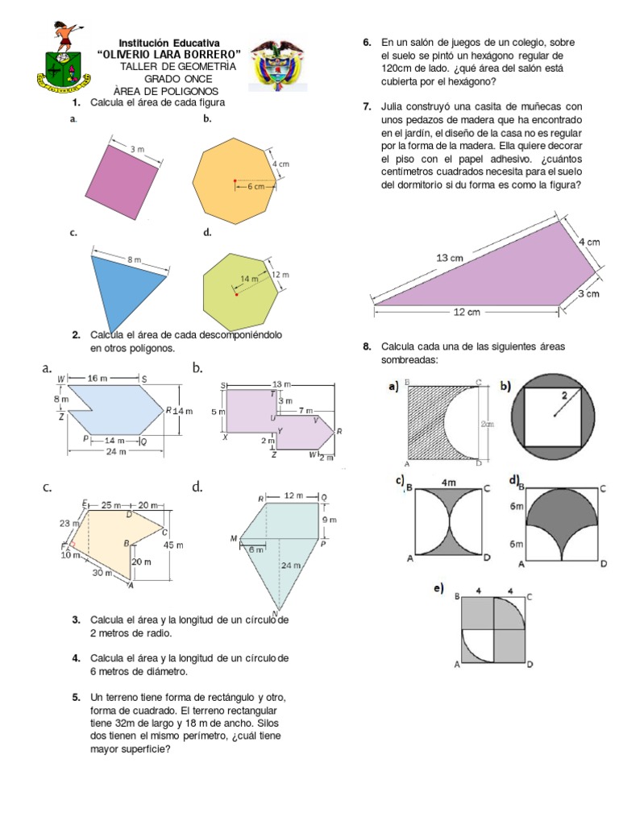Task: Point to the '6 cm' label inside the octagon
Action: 255,186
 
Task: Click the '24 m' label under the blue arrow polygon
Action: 117,452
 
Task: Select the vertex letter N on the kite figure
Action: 276,612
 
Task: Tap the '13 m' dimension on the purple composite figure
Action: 282,383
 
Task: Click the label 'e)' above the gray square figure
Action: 438,590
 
